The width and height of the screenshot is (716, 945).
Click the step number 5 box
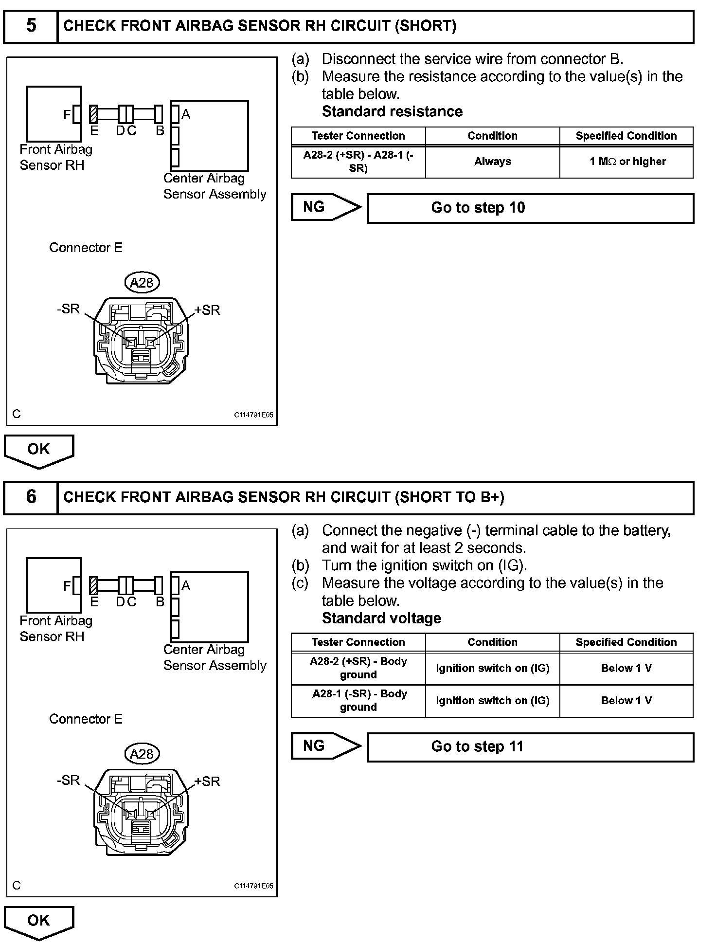point(31,26)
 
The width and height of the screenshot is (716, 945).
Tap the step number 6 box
point(31,497)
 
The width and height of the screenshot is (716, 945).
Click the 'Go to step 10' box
point(530,208)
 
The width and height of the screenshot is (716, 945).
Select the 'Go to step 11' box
point(530,747)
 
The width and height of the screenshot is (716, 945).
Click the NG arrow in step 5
point(325,207)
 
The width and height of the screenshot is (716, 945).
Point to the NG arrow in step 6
point(325,746)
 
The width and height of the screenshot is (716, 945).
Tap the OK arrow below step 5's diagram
point(39,450)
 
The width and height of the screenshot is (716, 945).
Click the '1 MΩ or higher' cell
point(627,162)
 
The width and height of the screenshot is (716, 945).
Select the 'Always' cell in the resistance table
point(492,162)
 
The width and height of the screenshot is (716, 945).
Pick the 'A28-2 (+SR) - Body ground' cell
point(358,668)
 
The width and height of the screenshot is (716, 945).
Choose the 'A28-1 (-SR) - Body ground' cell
point(358,701)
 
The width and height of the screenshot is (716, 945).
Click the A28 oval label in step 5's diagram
point(142,283)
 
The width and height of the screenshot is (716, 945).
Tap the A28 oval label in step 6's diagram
point(142,754)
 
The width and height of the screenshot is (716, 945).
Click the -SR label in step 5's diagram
point(69,309)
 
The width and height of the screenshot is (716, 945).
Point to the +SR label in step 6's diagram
point(207,781)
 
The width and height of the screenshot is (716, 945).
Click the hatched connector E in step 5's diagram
point(94,114)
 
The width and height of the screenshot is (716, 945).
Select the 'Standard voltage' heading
point(381,618)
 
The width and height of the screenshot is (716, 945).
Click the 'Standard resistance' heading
point(392,112)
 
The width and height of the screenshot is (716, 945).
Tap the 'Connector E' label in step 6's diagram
point(86,719)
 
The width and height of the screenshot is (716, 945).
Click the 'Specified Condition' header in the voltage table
point(626,642)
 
